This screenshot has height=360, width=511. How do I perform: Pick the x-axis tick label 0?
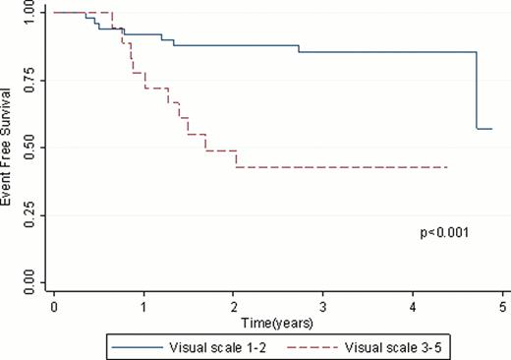54,307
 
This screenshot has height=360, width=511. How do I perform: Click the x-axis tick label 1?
143,307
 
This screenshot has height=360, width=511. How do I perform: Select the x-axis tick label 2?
234,307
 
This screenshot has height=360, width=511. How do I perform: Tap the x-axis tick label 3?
323,307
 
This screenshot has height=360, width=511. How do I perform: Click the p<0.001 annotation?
444,233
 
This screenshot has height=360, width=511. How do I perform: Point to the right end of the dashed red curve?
448,167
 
